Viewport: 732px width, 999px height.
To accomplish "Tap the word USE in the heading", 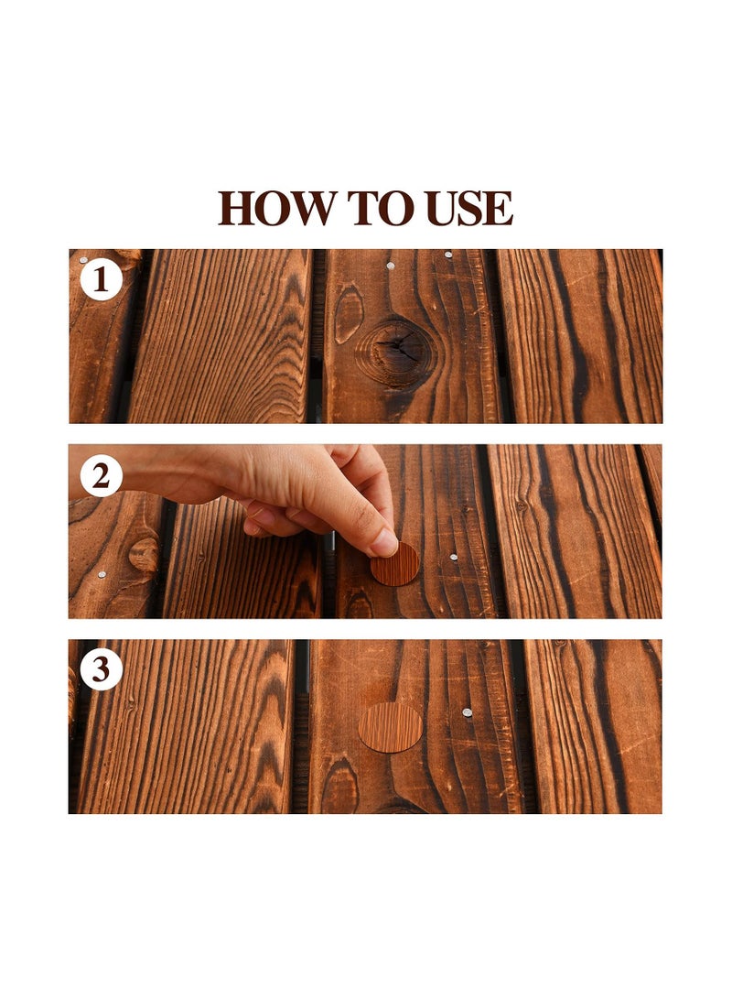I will [x=469, y=209].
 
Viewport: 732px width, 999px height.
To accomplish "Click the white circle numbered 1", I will [x=101, y=279].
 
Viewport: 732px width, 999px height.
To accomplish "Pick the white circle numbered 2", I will [x=101, y=476].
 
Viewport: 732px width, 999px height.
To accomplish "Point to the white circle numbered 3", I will [x=101, y=671].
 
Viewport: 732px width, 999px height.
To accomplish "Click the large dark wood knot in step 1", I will [x=397, y=349].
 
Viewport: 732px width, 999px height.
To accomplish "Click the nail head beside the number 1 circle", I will [x=83, y=260].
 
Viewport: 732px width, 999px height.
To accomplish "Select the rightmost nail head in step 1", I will [x=448, y=255].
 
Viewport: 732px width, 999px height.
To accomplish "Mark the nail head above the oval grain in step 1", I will [x=391, y=266].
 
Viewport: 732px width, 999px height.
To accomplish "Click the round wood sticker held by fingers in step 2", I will [x=396, y=564].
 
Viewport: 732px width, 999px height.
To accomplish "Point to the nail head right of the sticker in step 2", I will [x=454, y=557].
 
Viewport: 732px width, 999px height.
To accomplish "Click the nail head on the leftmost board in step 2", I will [x=101, y=574].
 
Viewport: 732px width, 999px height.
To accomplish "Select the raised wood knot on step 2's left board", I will [x=144, y=555].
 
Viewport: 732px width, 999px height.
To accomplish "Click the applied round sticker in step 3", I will [x=390, y=728].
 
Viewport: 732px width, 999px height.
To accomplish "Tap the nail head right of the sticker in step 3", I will [x=467, y=712].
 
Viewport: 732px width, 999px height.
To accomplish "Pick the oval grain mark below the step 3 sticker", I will [x=339, y=787].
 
